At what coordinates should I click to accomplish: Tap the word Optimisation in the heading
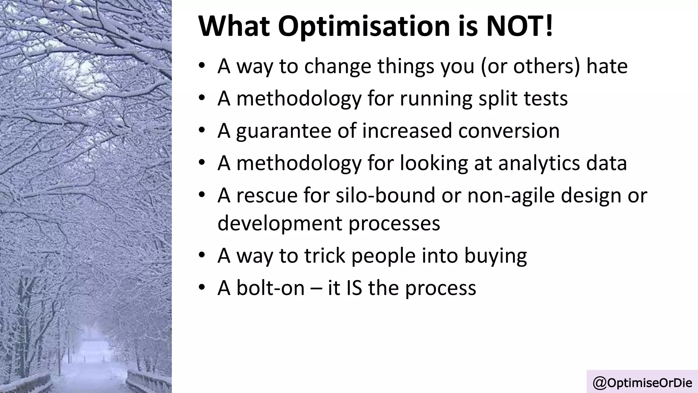(x=364, y=27)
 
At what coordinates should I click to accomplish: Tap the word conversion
(x=509, y=131)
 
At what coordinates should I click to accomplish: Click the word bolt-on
(x=270, y=288)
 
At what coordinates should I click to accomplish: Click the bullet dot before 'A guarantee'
(x=202, y=130)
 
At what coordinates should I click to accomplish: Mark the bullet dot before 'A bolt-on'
(x=202, y=287)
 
